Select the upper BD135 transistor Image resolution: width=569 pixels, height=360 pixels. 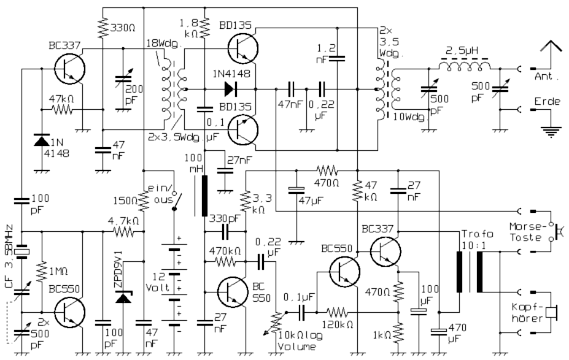242,48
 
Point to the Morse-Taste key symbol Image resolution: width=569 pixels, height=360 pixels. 557,232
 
